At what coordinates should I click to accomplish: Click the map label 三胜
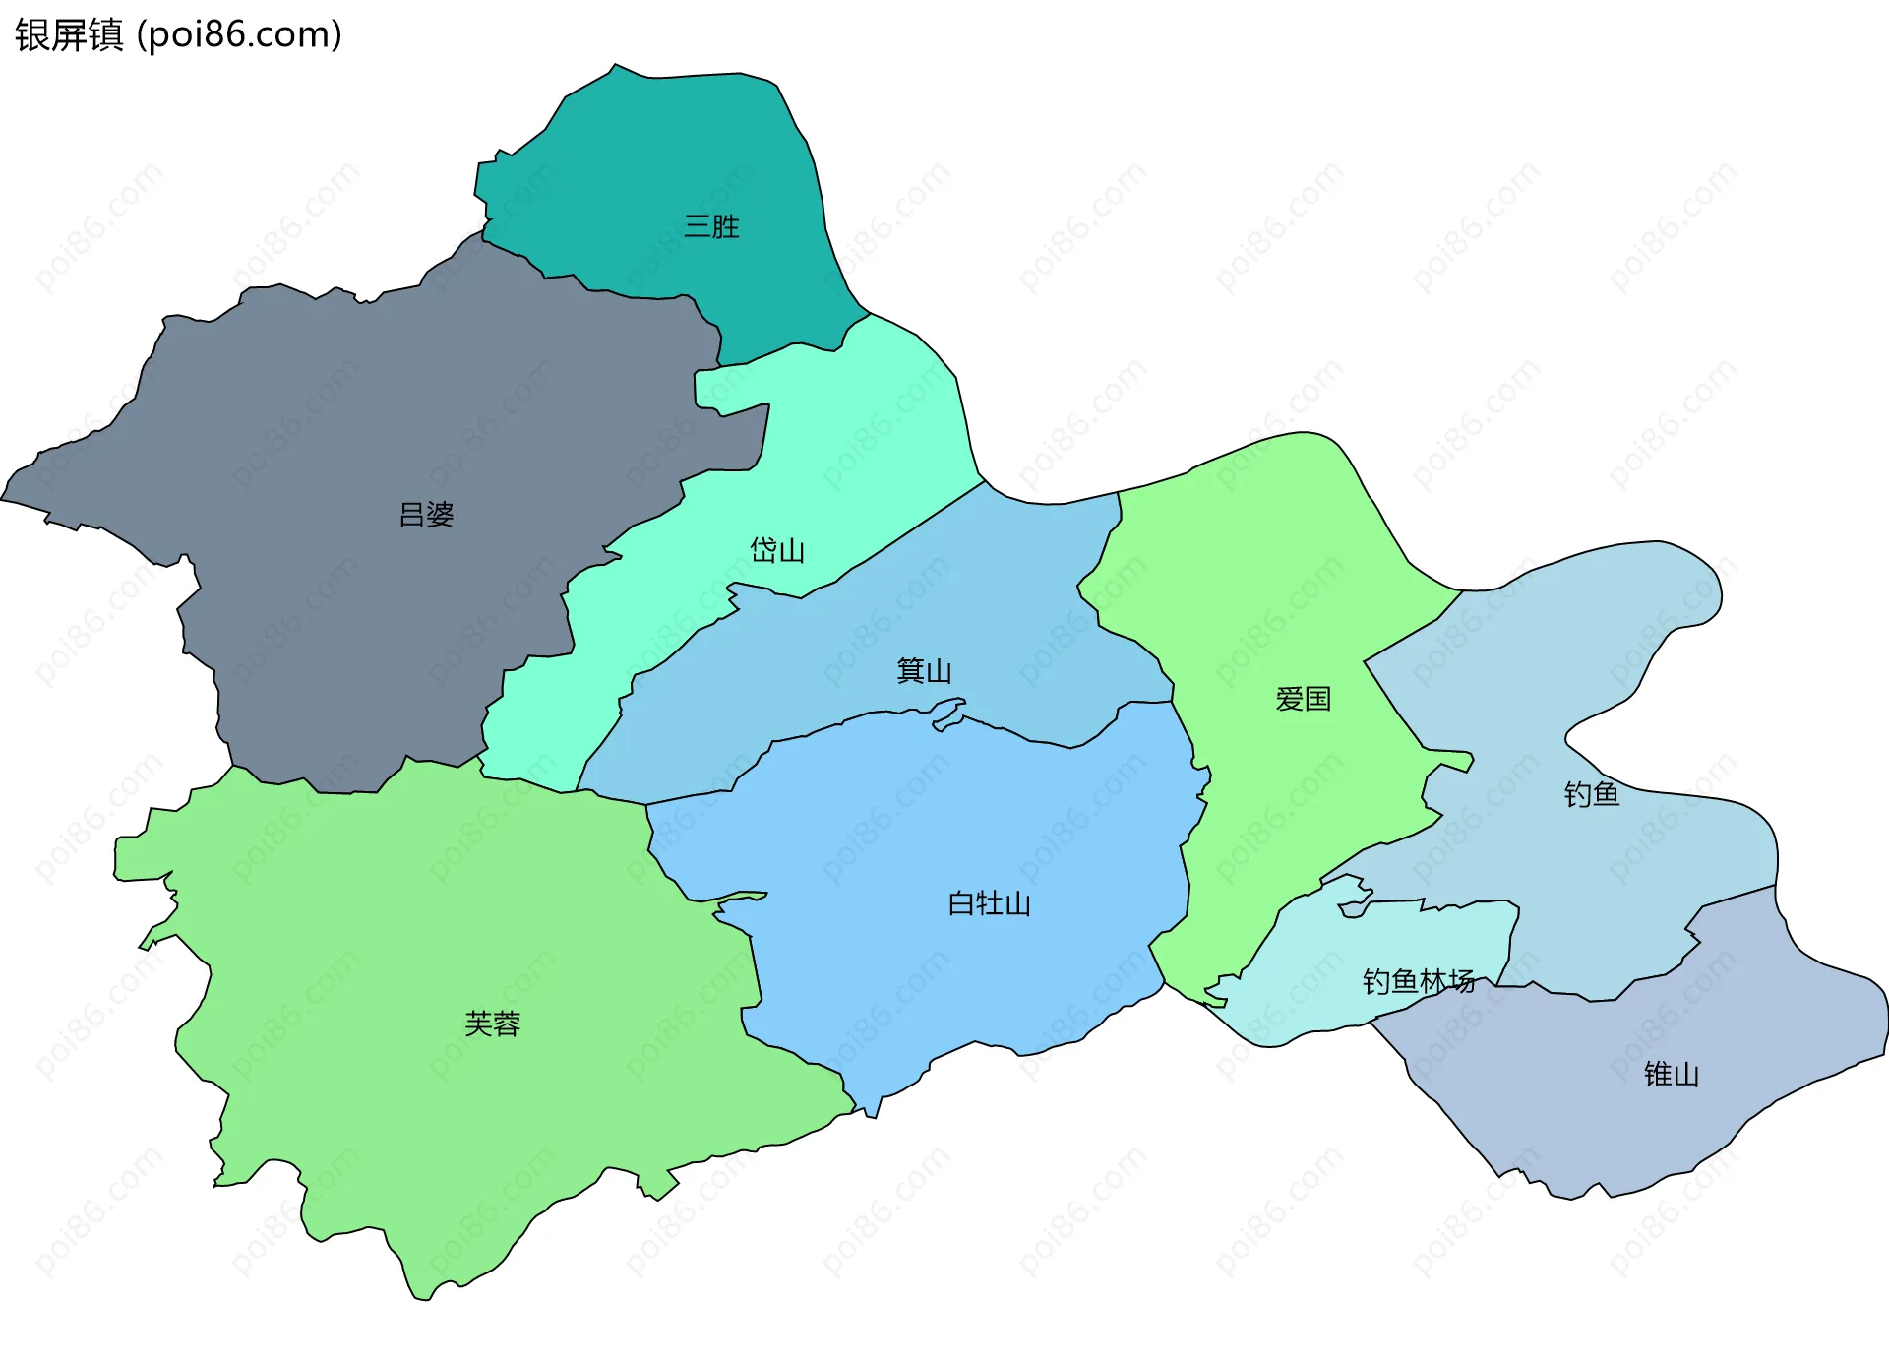(711, 226)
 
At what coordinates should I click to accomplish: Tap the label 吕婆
(426, 515)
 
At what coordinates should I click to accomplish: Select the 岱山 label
(777, 550)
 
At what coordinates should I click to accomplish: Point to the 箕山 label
(924, 671)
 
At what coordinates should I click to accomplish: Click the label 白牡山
(989, 903)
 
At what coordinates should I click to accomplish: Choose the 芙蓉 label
(492, 1024)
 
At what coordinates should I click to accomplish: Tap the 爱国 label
(1303, 700)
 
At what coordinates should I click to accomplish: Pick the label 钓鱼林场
(1418, 981)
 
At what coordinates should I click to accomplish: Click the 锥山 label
(1672, 1075)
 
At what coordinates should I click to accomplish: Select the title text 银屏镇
(69, 35)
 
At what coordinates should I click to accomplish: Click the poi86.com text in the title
(239, 35)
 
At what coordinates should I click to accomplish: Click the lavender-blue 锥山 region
(1614, 1112)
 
